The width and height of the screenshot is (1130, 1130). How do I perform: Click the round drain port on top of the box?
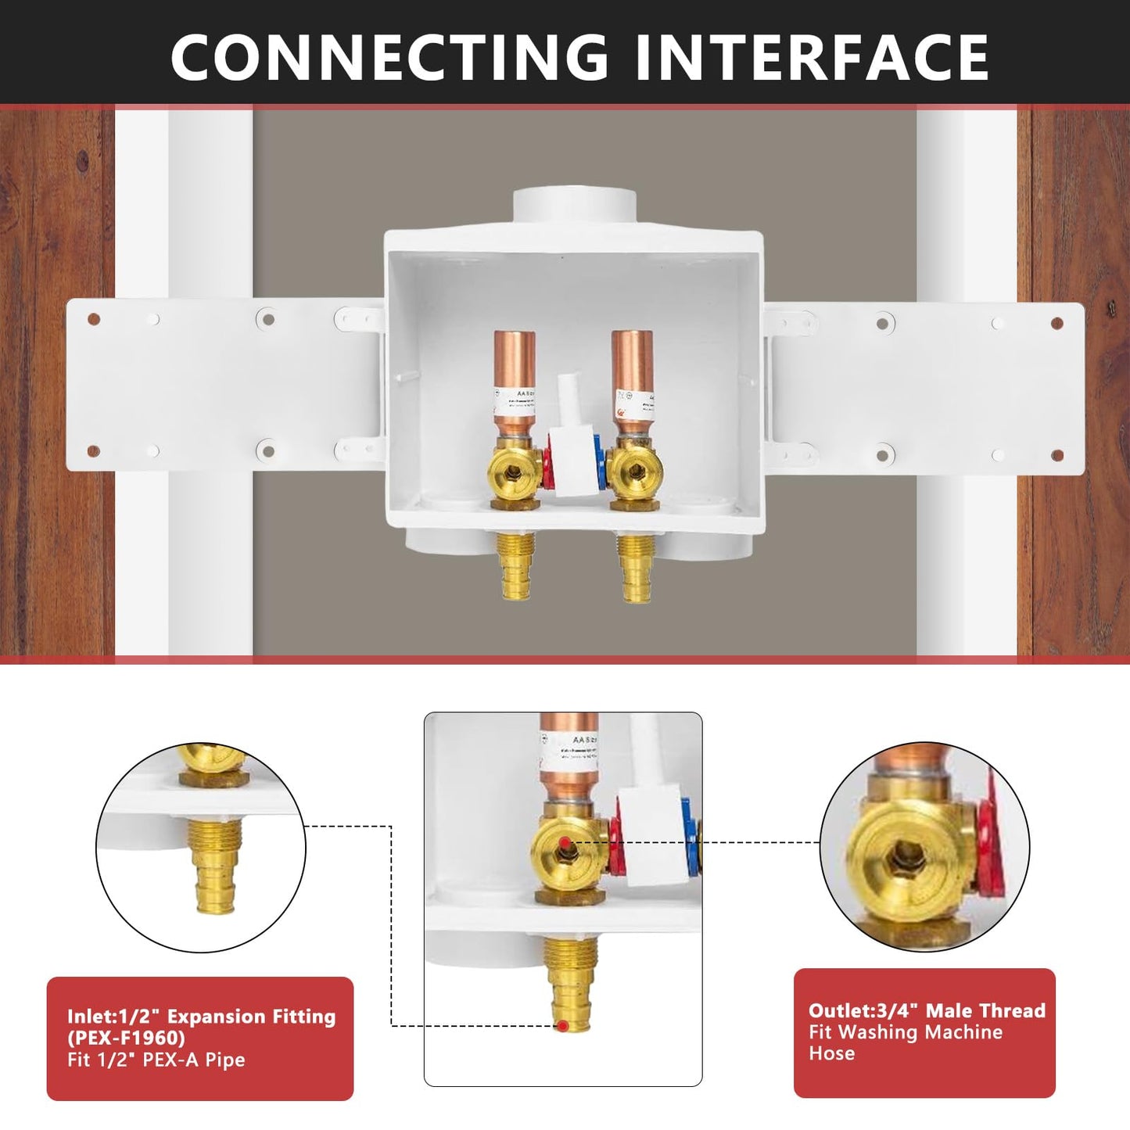point(573,206)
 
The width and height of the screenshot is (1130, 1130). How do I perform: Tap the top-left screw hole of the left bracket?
point(94,319)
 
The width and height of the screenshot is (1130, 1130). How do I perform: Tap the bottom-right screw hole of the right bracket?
point(1057,455)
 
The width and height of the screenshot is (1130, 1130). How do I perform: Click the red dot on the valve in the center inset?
point(564,843)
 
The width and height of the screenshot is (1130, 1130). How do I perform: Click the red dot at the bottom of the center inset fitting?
point(562,1025)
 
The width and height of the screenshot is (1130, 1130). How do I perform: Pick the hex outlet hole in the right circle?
point(906,850)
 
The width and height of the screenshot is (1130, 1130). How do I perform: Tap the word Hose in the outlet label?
point(831,1053)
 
